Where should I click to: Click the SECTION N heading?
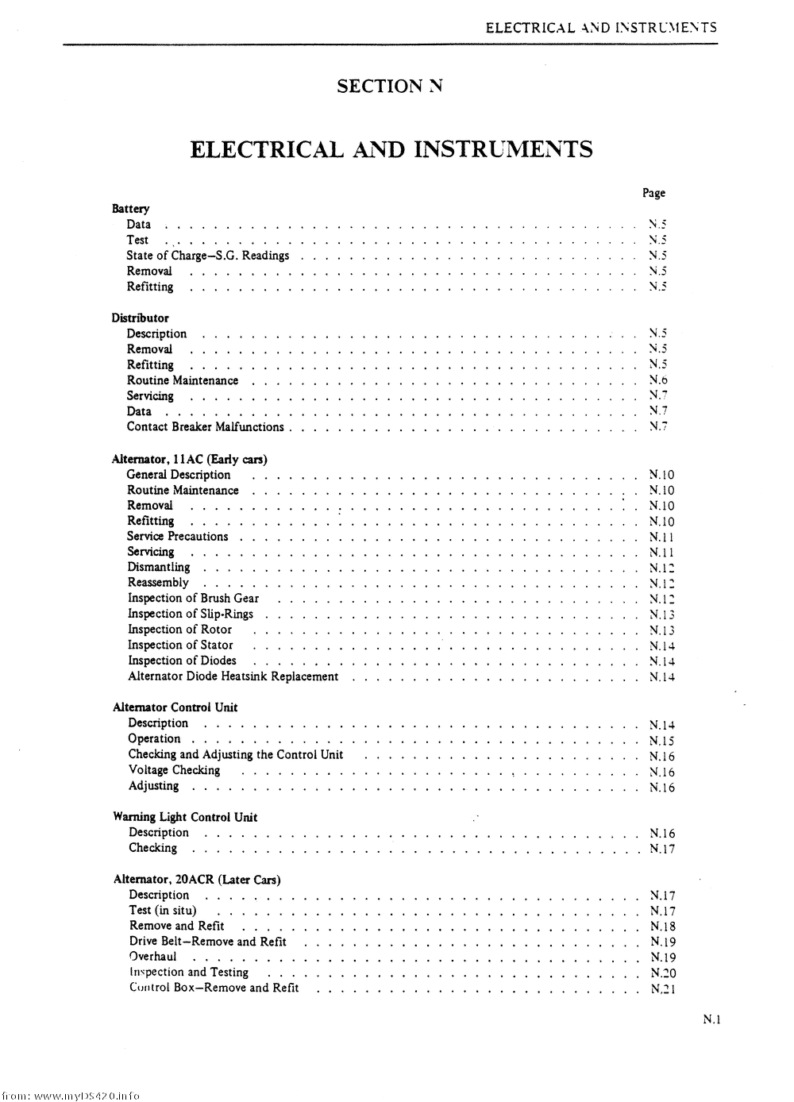tap(389, 86)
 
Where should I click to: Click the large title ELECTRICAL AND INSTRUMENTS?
tap(391, 149)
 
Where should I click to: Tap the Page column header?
tap(653, 193)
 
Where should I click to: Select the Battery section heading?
tap(130, 209)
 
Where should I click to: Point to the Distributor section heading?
tap(140, 318)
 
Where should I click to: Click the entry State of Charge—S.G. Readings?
tap(207, 256)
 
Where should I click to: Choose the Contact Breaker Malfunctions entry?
tap(205, 427)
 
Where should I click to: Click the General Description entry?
tap(179, 475)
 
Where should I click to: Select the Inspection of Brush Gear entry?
tap(193, 599)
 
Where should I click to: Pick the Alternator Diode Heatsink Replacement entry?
tap(233, 676)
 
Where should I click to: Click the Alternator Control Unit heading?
tap(175, 707)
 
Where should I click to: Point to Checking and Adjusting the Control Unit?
tap(236, 754)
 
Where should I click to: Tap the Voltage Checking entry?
tap(174, 770)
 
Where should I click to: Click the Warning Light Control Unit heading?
tap(185, 817)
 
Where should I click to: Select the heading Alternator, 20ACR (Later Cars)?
tap(197, 880)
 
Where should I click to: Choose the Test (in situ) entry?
tap(163, 911)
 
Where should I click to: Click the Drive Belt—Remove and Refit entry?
tap(208, 942)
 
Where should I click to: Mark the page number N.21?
tap(662, 989)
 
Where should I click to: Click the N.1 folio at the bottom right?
tap(711, 1021)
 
